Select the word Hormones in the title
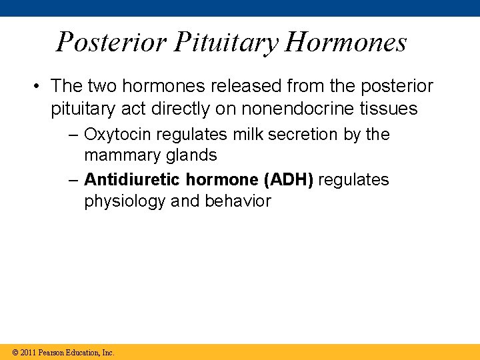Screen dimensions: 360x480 (x=346, y=42)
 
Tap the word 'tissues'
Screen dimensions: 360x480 (x=389, y=108)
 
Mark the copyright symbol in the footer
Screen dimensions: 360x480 (x=15, y=352)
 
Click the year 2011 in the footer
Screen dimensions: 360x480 (x=29, y=352)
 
